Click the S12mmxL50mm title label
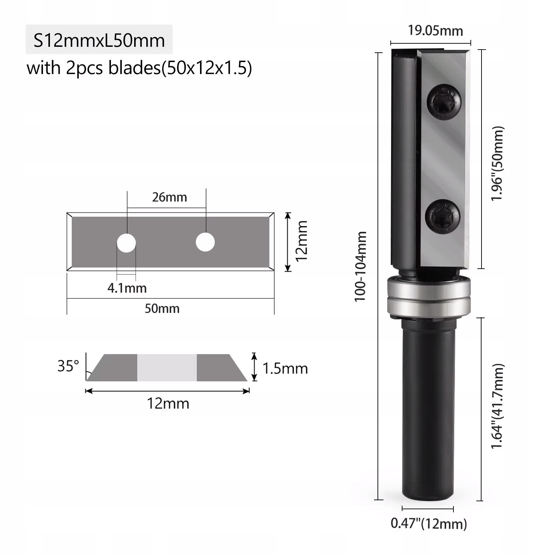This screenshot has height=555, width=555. click(99, 40)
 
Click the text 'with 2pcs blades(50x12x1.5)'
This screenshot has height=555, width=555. click(139, 68)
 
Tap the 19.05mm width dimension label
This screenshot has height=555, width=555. click(435, 31)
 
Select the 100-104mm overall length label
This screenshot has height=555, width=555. click(361, 267)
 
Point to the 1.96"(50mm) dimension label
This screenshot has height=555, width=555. click(497, 164)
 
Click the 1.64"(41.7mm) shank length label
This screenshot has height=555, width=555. click(497, 406)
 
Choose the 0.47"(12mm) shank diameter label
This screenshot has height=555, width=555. click(429, 523)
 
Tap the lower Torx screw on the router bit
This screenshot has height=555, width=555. click(443, 216)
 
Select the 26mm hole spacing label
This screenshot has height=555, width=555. click(170, 197)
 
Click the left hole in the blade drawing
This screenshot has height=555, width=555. click(126, 242)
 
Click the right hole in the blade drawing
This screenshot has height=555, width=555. click(205, 242)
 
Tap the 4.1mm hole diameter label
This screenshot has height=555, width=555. click(127, 288)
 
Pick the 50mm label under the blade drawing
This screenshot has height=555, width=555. click(162, 309)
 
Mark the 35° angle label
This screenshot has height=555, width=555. click(68, 366)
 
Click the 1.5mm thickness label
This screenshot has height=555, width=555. click(285, 368)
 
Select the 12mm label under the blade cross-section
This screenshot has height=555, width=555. click(168, 404)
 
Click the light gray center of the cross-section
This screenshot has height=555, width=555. click(167, 367)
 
